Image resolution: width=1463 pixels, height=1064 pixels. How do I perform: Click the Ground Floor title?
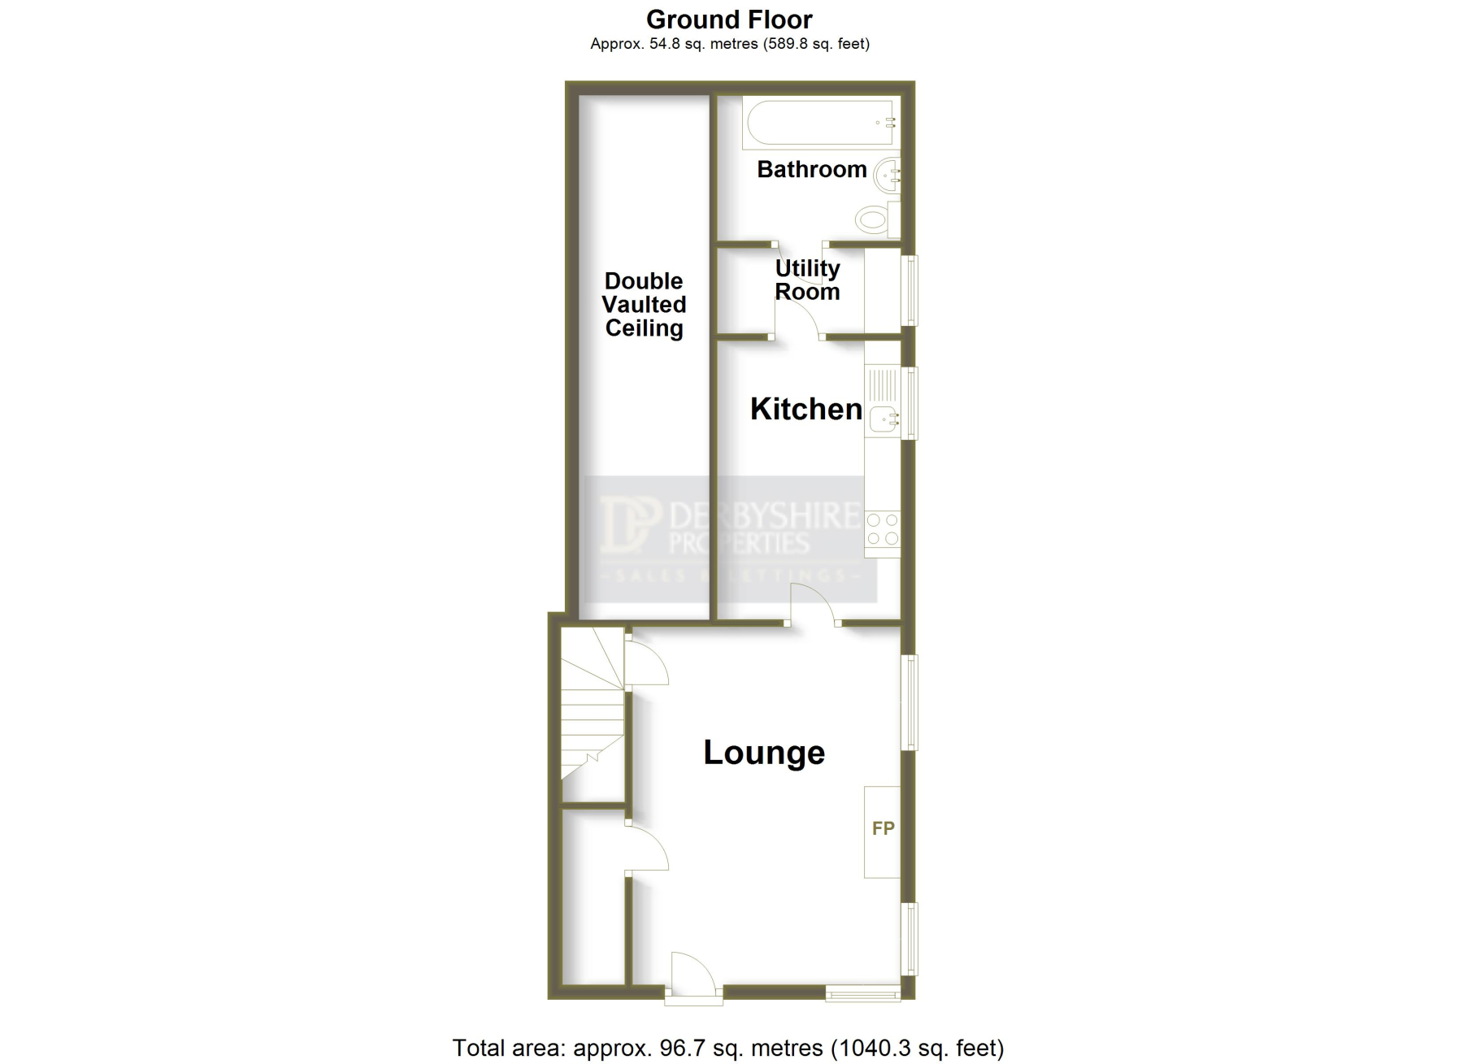point(729,20)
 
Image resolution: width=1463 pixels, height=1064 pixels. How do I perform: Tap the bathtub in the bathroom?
point(821,123)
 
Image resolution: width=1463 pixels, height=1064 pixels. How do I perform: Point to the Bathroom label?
point(812,169)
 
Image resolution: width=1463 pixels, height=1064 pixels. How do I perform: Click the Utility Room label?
point(807,280)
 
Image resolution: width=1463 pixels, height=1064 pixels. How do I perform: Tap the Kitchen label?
point(805,409)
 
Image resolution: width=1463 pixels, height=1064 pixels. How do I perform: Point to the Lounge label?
point(764,753)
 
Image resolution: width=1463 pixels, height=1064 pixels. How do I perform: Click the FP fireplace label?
point(883,828)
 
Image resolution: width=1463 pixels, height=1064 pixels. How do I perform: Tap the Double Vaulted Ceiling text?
point(644,305)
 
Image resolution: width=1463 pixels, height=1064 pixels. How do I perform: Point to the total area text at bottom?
point(728,1048)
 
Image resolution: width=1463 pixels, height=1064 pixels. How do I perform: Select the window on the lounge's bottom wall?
point(863,992)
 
